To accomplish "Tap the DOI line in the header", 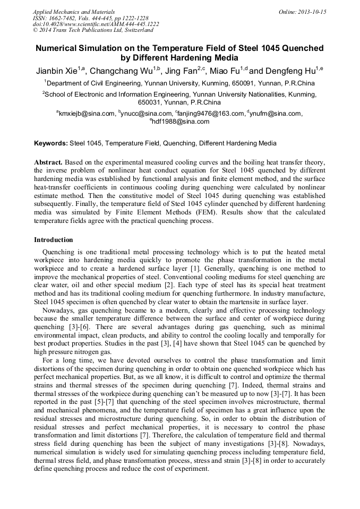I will coord(96,24).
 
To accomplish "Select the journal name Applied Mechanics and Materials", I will coord(73,12).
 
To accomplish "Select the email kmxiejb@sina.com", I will coord(87,113).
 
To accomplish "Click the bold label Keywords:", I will coord(51,143).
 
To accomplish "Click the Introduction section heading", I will coord(54,240).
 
